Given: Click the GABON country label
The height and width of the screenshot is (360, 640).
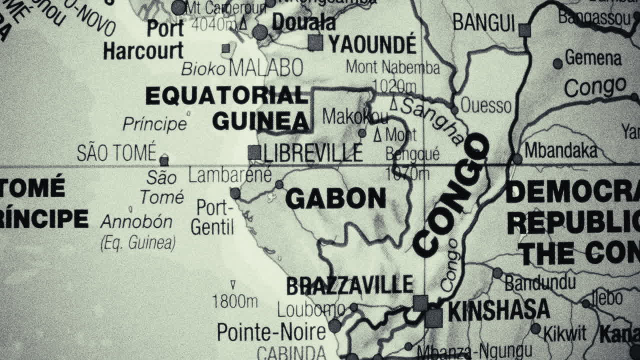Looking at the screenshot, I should coord(335,198).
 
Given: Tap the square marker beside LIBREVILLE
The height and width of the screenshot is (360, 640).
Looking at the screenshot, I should coord(254,152).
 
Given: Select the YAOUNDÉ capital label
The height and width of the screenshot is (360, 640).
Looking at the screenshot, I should coord(372,44).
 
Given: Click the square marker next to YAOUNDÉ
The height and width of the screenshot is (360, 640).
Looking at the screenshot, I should coord(315,43).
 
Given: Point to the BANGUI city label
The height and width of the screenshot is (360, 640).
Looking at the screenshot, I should coord(483,23).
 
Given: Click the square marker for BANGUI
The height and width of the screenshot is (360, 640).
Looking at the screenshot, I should coord(524,30).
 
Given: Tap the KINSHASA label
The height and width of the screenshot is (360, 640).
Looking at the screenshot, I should coord(498,311).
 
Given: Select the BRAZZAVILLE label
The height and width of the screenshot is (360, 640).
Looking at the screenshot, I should coord(349,285).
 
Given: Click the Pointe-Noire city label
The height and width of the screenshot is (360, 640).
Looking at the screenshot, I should coord(271,331).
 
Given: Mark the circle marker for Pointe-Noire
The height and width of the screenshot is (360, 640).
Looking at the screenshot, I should coord(334,326).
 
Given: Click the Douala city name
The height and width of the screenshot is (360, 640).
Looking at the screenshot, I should coord(303,22).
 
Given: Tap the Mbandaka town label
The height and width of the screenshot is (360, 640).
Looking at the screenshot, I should coord(560,150).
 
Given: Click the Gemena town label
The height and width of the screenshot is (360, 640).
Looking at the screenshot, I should coord(593,58).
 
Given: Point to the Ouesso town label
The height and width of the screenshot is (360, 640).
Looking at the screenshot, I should coord(485,105).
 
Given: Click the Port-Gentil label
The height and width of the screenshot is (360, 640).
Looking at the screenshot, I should coord(212,217).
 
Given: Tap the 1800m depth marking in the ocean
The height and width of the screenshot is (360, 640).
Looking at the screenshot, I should coord(234,301).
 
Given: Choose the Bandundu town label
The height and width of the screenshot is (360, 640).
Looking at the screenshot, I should coord(540,282).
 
